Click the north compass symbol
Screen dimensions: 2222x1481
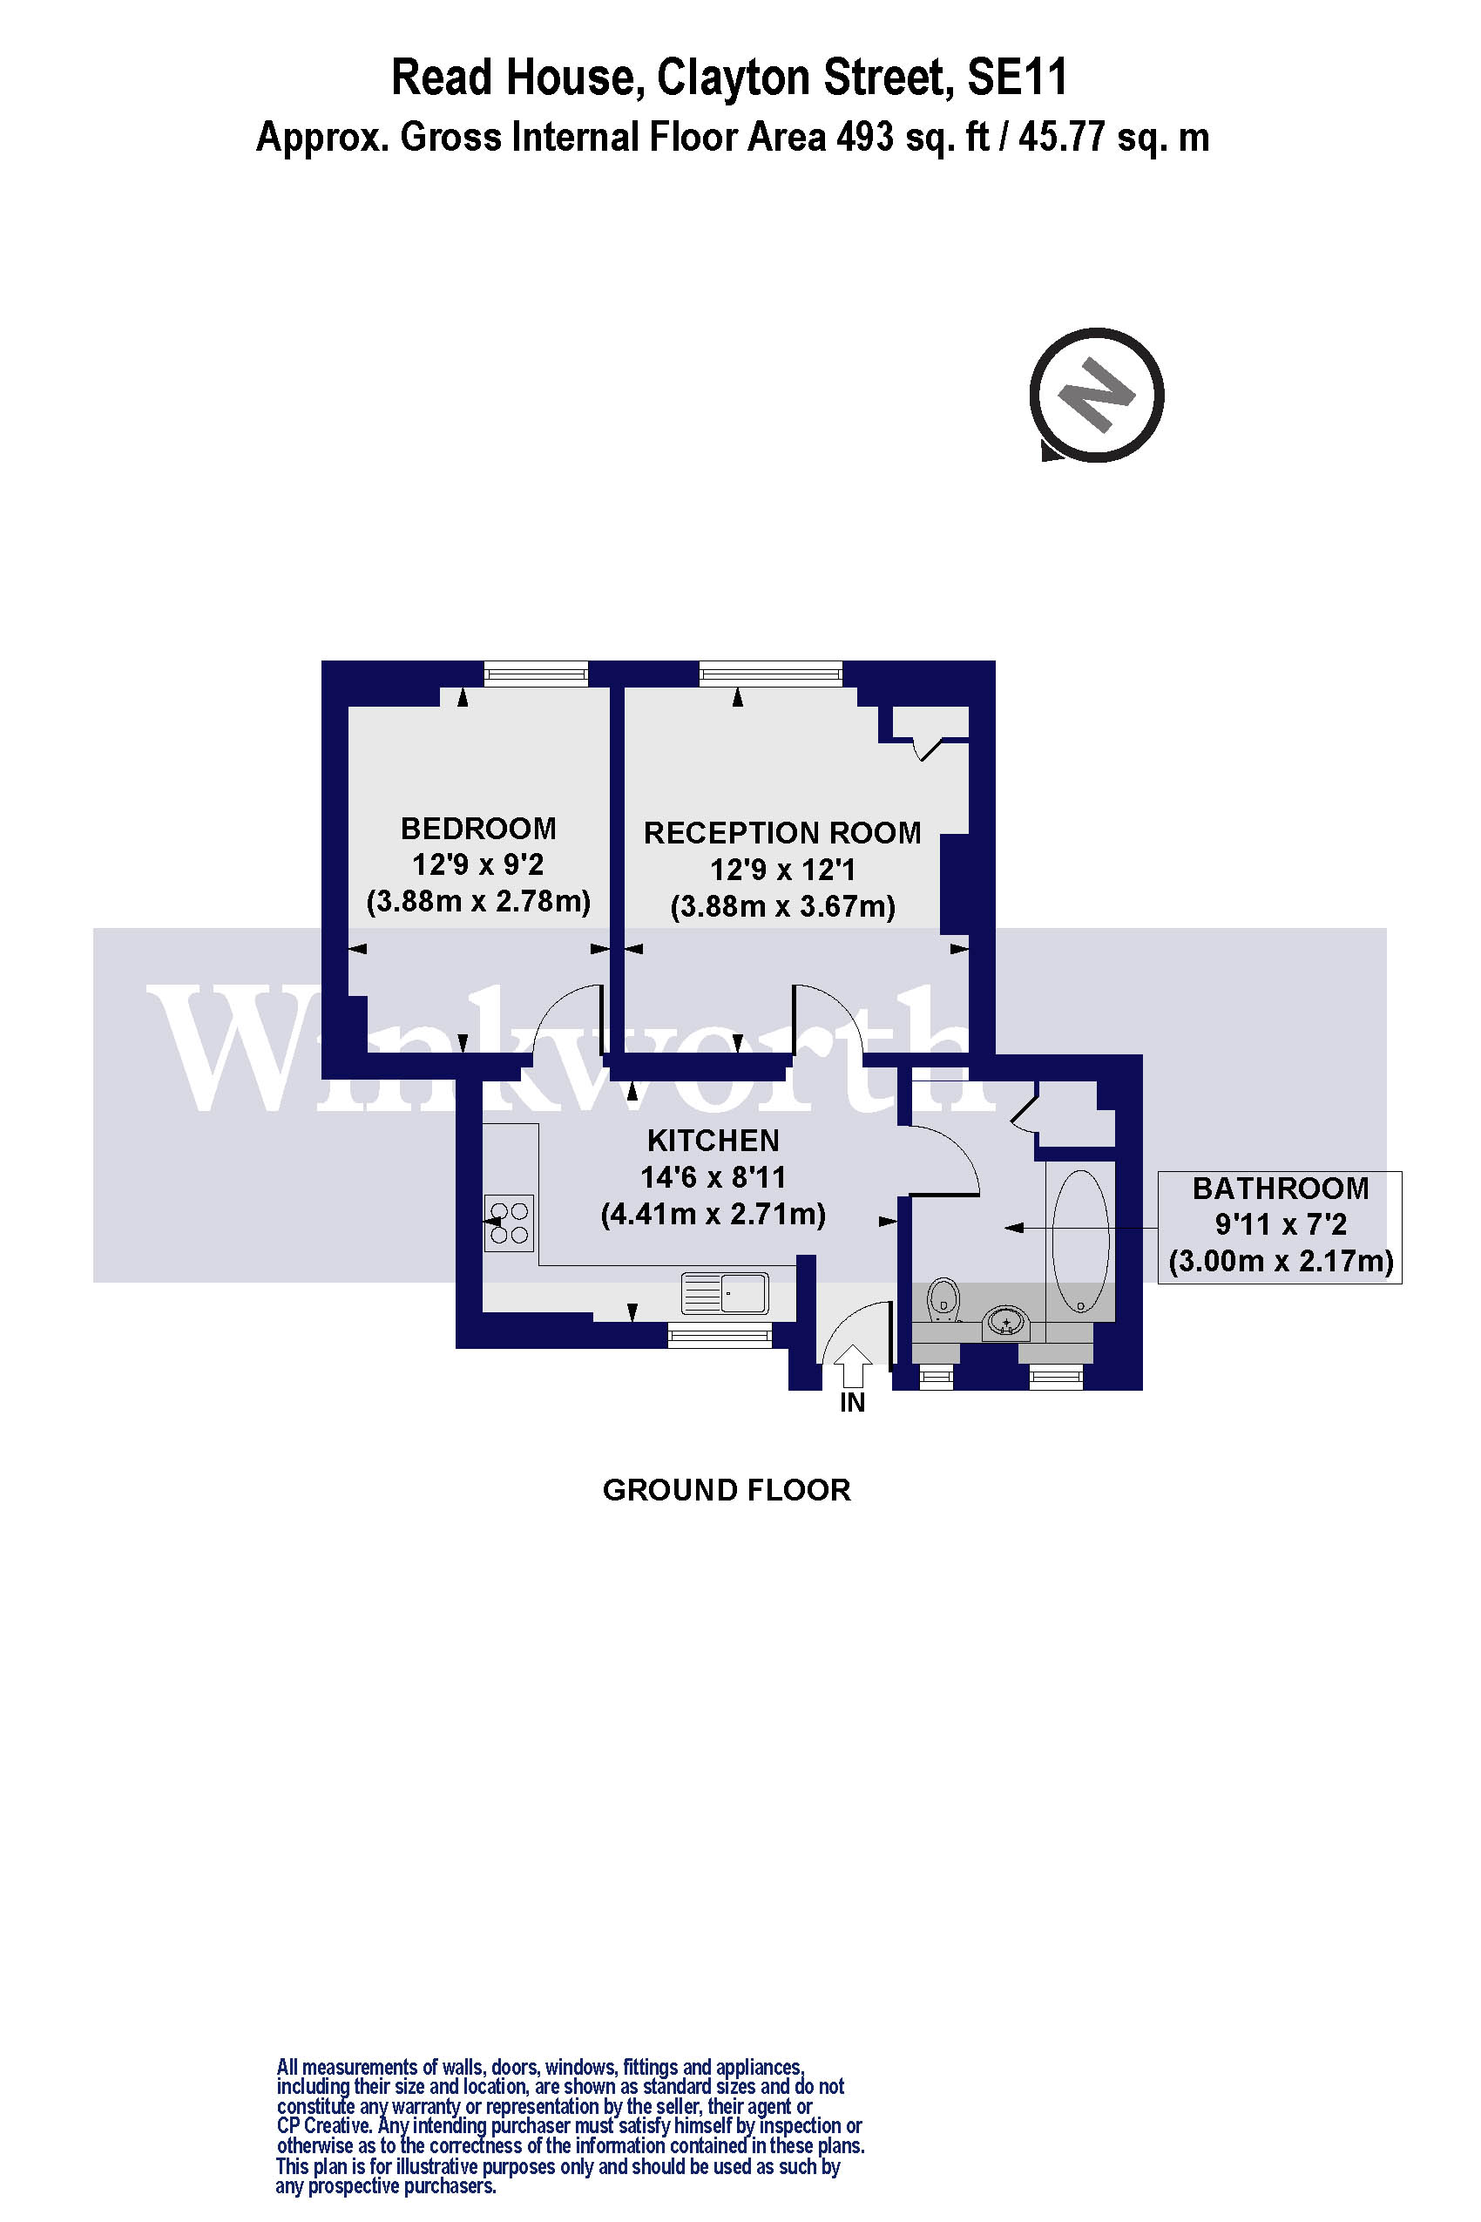[x=1096, y=395]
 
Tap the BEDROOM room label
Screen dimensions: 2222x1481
[x=478, y=829]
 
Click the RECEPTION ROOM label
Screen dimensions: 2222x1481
[x=782, y=833]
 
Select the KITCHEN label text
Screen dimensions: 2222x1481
[x=713, y=1141]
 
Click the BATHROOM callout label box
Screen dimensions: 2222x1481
[x=1280, y=1226]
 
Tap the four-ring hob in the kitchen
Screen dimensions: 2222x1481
[x=508, y=1223]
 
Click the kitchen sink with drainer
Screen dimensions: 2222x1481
[x=726, y=1292]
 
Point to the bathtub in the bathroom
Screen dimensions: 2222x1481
[x=1079, y=1242]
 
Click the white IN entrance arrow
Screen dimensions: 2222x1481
[x=853, y=1366]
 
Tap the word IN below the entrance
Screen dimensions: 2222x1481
[x=852, y=1403]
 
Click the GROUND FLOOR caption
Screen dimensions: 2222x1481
[x=727, y=1490]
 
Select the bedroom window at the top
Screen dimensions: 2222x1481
[x=536, y=674]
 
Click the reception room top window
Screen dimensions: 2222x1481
[x=770, y=674]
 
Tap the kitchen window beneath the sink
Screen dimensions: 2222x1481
[x=720, y=1335]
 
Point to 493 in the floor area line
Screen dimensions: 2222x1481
[x=864, y=138]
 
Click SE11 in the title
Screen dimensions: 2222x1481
[x=1017, y=78]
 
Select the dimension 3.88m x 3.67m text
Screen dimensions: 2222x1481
[x=782, y=907]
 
